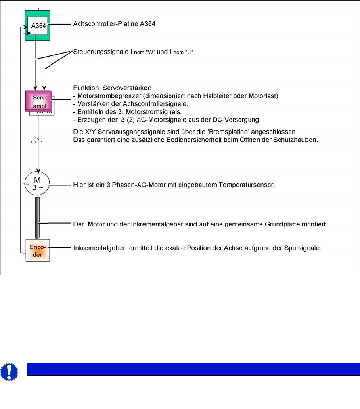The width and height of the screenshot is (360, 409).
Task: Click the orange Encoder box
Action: pyautogui.click(x=38, y=250)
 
